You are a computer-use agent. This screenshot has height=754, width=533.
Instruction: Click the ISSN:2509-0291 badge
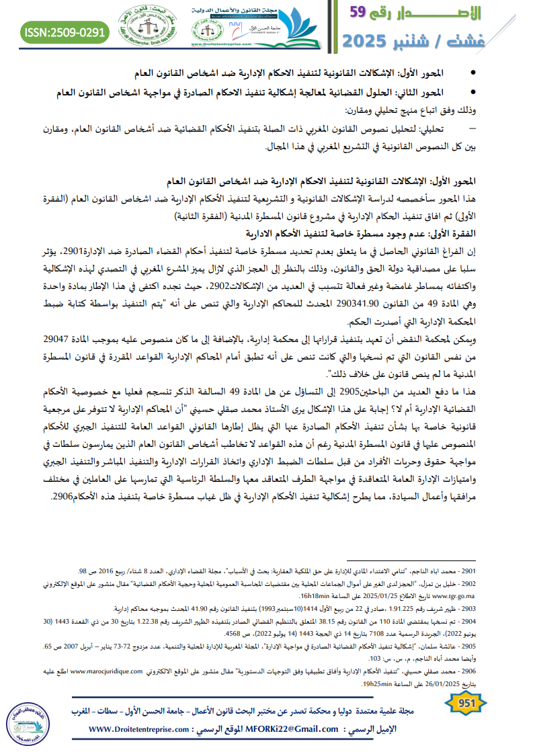click(65, 31)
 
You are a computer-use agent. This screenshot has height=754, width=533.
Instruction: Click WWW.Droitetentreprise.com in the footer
click(138, 729)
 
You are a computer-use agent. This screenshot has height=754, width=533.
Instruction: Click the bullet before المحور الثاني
click(476, 92)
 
